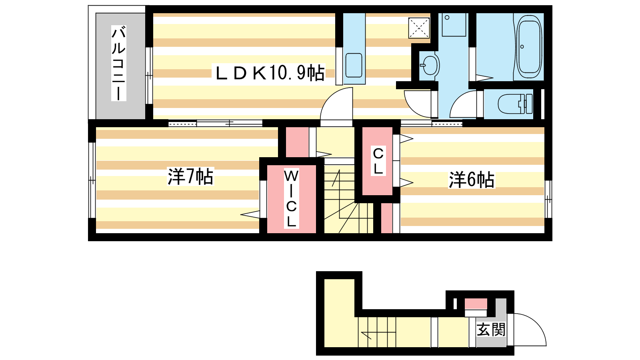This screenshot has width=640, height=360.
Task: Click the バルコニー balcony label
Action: tap(118, 63)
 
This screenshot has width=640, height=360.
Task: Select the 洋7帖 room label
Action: tap(190, 176)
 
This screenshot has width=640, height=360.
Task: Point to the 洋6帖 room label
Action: tap(472, 180)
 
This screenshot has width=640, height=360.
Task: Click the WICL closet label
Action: tap(292, 199)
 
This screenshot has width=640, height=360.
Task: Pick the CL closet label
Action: tap(378, 162)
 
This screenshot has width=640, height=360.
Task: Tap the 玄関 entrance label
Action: tap(491, 330)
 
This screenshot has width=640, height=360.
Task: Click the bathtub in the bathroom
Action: tap(530, 46)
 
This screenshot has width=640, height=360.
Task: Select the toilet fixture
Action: tap(515, 104)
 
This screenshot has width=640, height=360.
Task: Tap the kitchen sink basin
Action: tap(354, 65)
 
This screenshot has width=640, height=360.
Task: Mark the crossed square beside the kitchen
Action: tap(419, 28)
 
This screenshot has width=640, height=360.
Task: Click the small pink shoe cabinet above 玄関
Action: tap(476, 304)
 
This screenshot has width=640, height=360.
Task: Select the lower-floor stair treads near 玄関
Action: tap(377, 332)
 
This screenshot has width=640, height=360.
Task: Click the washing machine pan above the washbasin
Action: tap(454, 24)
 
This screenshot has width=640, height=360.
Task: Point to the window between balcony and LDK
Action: tap(149, 76)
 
